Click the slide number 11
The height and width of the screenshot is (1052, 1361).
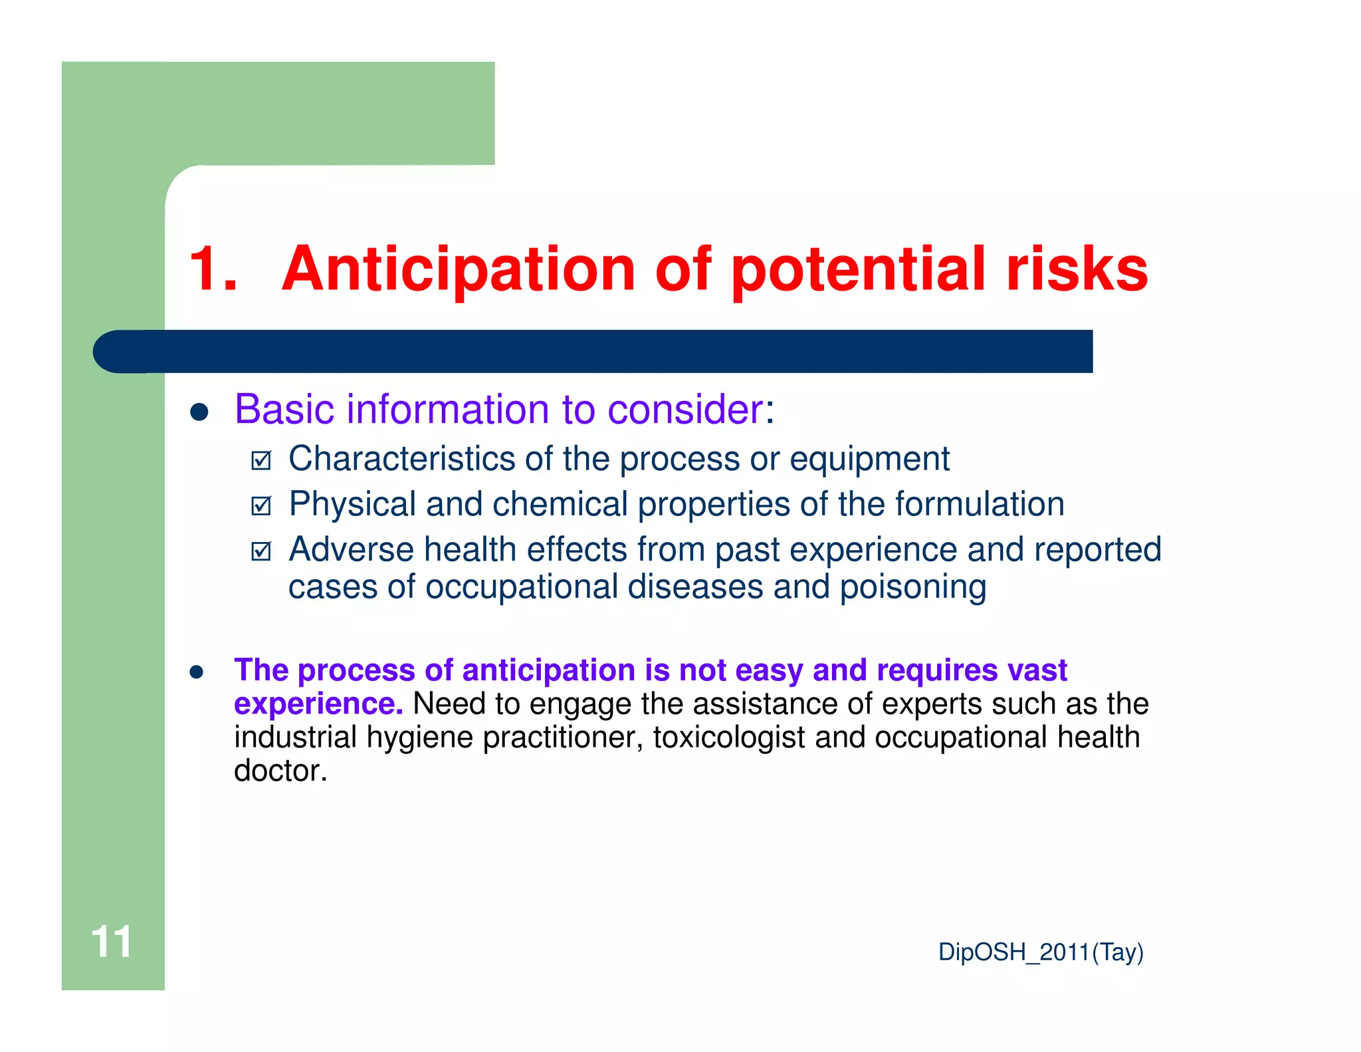point(111,942)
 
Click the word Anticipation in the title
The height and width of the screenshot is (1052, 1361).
point(459,269)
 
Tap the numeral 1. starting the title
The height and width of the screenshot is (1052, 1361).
point(213,269)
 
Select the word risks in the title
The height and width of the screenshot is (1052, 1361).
point(1077,269)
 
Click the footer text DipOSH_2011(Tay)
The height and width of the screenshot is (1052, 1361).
point(1040,952)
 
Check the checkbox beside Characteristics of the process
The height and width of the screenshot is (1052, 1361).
point(261,460)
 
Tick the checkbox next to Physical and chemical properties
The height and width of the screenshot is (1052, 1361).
point(261,506)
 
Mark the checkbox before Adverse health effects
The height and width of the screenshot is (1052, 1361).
point(261,551)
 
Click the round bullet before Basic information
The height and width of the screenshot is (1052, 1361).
point(199,412)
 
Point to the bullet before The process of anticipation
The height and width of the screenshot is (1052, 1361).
point(196,672)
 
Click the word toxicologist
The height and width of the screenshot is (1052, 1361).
point(728,738)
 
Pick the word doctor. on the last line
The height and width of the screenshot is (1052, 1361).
point(280,771)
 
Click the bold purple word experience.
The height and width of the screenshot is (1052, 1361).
point(318,704)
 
